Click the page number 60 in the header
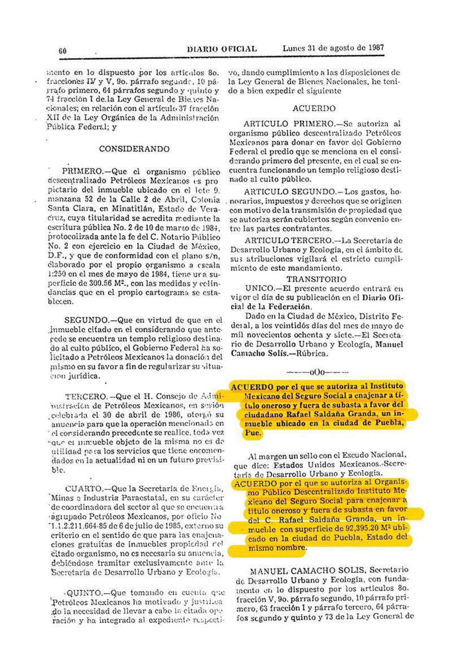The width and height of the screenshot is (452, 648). (x=63, y=51)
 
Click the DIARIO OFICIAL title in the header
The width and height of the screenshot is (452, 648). (x=221, y=50)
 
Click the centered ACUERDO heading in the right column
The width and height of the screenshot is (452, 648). (x=314, y=108)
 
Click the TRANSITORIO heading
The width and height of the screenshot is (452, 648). (x=316, y=279)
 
